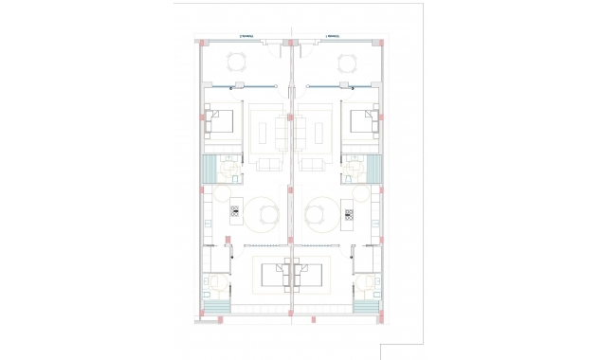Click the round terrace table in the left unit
[x=236, y=63]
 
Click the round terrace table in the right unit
[x=347, y=63]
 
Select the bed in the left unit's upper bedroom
[x=224, y=123]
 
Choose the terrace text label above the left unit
[x=247, y=37]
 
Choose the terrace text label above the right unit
[x=334, y=37]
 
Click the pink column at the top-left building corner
[x=200, y=42]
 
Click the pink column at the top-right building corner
[x=383, y=42]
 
